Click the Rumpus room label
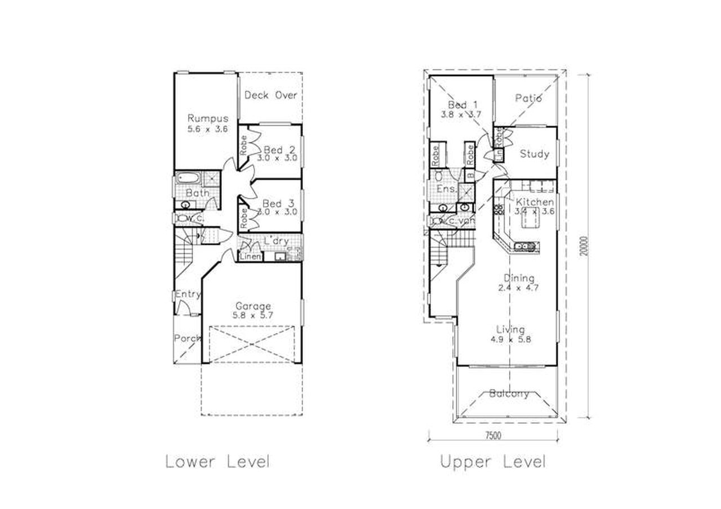tap(208, 118)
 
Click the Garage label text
tap(253, 306)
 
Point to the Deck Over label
tap(270, 95)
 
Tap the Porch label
tap(187, 338)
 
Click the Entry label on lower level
tap(188, 294)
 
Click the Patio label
tap(528, 98)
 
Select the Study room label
tap(534, 154)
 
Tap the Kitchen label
tap(534, 202)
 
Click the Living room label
tap(510, 329)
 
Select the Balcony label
tap(509, 394)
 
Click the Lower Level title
tap(217, 462)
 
